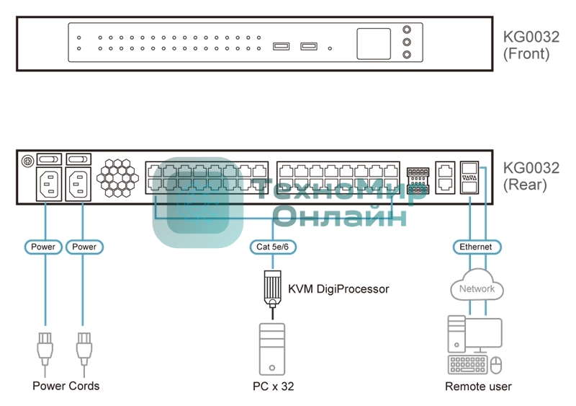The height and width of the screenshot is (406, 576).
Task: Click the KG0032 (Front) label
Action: point(531,45)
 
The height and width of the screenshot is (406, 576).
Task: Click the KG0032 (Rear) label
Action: point(531,177)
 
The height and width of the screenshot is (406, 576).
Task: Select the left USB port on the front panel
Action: point(282,48)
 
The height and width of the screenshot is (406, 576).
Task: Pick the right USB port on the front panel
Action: point(309,48)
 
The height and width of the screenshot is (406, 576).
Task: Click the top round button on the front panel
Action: point(408,31)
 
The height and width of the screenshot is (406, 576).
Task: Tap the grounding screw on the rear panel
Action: point(28,160)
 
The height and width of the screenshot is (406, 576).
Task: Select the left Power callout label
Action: point(43,247)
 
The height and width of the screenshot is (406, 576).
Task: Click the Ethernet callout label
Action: point(476,247)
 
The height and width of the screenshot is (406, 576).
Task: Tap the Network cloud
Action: point(477,288)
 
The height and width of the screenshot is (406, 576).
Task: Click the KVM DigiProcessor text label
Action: point(338,289)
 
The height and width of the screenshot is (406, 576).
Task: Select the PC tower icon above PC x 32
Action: point(272,349)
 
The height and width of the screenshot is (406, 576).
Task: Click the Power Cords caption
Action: point(66,386)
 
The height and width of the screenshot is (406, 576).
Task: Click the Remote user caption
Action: point(478,387)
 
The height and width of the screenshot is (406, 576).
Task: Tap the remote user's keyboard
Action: point(466,365)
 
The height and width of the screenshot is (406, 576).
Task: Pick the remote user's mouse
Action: point(495,366)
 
